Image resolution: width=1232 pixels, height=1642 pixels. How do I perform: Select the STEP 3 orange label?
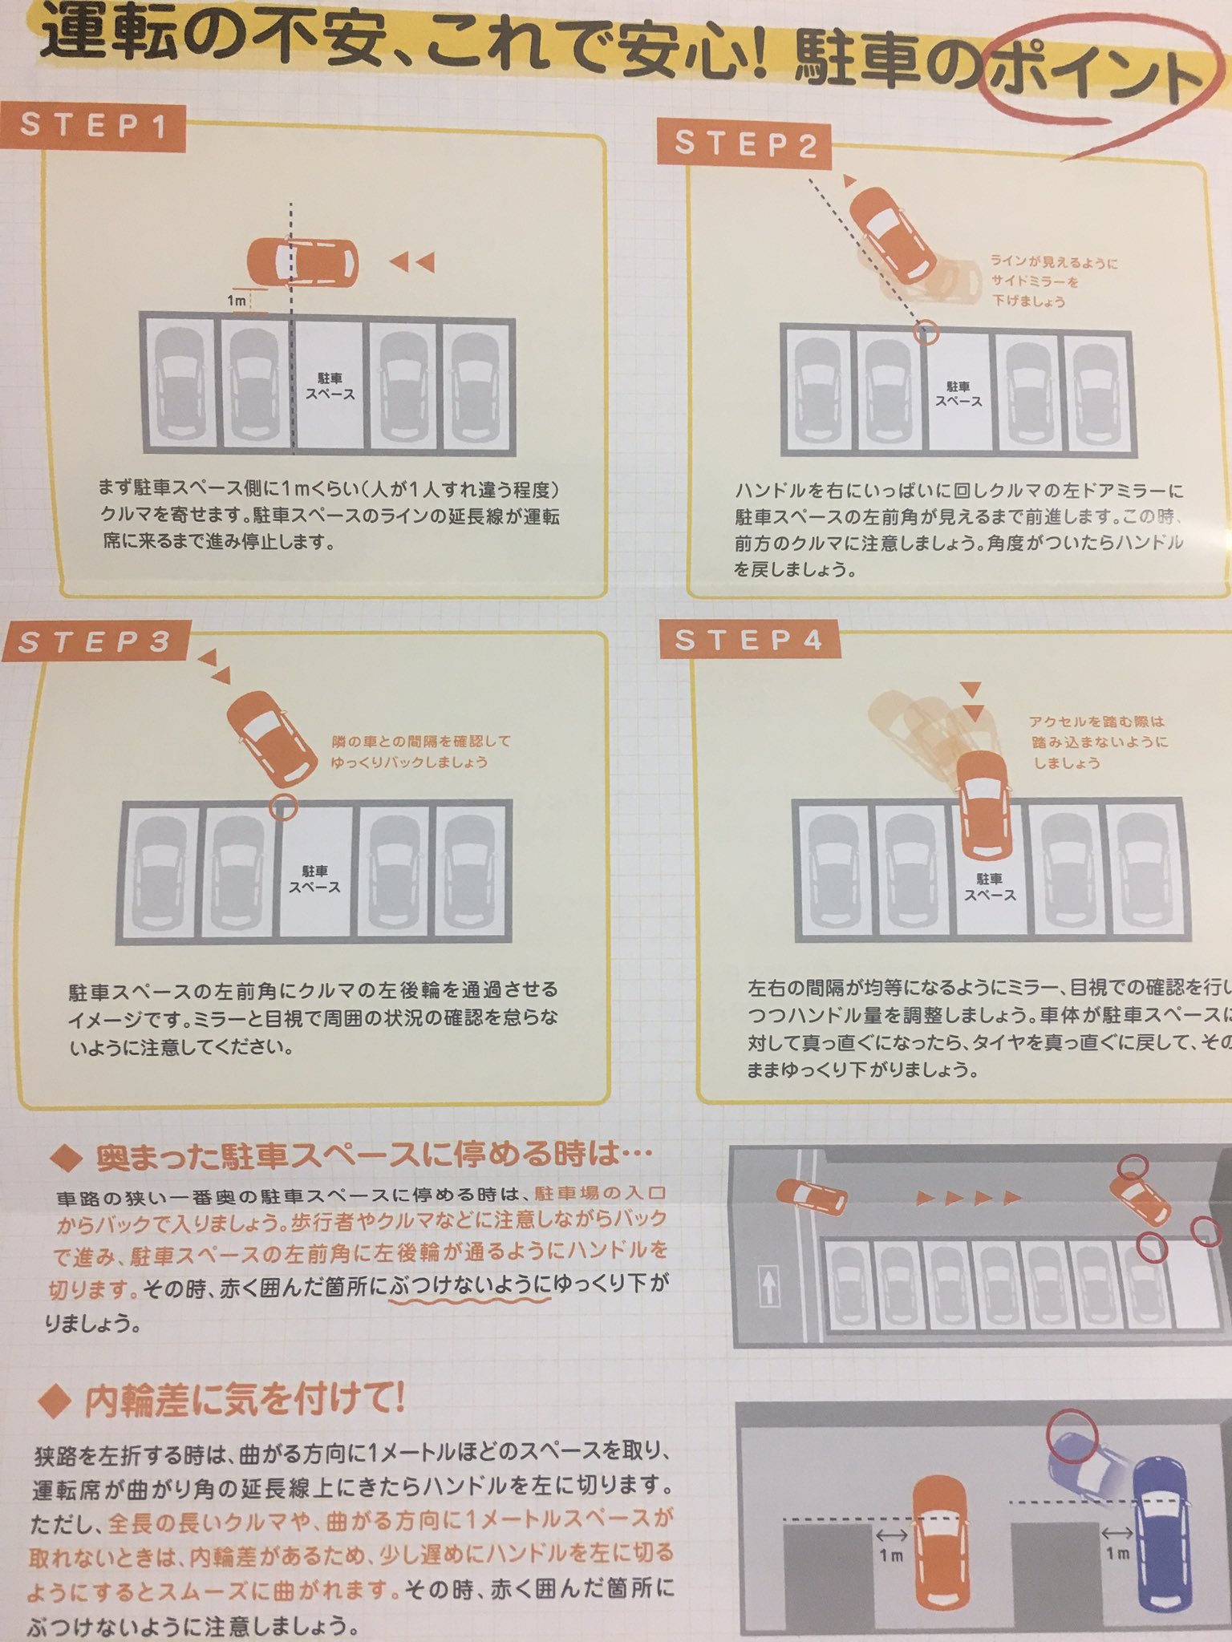click(95, 642)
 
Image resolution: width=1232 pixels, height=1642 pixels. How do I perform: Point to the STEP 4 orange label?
click(749, 640)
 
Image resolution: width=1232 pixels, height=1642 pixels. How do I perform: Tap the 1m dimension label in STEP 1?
click(237, 301)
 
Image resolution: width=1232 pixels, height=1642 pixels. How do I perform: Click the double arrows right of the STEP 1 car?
click(412, 262)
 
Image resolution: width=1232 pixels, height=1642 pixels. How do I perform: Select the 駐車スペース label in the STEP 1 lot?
click(330, 386)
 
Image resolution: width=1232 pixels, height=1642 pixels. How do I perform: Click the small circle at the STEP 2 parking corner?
click(926, 332)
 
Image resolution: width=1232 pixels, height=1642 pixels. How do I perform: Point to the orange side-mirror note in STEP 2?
click(1051, 281)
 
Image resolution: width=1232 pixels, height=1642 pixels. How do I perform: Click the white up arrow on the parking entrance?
click(768, 1288)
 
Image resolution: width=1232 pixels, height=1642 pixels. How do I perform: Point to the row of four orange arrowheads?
click(968, 1199)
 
